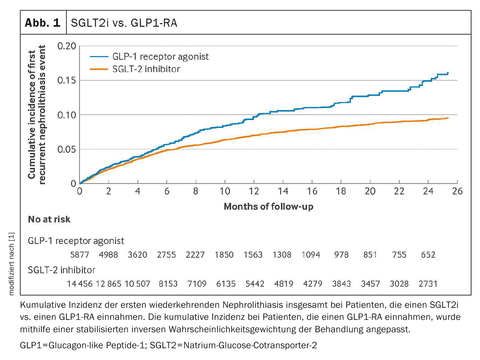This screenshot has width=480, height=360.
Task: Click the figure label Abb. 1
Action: [43, 23]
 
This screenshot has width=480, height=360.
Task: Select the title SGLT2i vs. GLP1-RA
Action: [124, 23]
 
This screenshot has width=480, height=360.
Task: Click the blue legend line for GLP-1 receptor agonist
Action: [99, 56]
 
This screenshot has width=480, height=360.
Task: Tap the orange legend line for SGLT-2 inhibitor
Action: [99, 69]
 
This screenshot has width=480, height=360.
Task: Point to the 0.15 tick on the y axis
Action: [66, 80]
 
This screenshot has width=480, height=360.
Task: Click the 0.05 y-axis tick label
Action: [66, 149]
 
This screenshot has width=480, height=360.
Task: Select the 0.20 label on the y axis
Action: [66, 46]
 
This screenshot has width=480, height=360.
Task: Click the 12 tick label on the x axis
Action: [254, 191]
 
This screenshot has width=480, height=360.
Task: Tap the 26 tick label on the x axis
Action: [457, 191]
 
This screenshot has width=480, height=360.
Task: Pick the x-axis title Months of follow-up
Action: [269, 206]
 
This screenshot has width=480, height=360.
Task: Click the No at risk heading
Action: [49, 219]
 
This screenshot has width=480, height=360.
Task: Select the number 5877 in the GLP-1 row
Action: [80, 255]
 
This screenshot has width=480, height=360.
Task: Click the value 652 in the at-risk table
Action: [428, 255]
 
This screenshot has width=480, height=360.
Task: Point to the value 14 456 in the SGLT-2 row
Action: [80, 284]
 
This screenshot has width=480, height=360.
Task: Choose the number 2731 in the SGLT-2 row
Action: [428, 284]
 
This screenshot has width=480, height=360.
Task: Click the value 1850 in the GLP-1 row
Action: [224, 255]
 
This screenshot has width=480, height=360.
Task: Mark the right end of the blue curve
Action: [448, 73]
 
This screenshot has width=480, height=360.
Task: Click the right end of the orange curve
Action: [448, 118]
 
